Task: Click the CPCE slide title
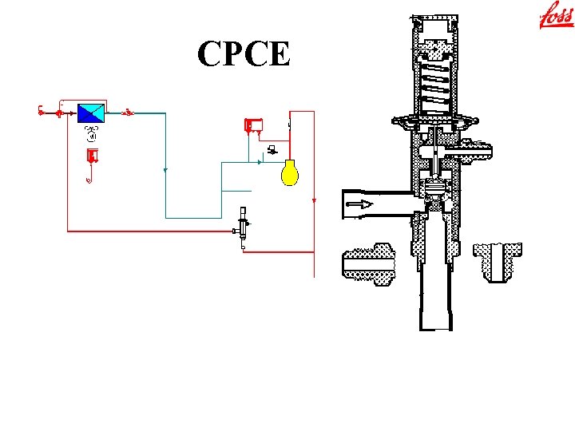click(244, 53)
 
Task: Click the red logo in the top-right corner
click(557, 16)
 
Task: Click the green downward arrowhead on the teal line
click(165, 170)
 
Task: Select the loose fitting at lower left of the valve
click(368, 263)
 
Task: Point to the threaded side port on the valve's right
click(477, 148)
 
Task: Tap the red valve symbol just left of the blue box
click(59, 113)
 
